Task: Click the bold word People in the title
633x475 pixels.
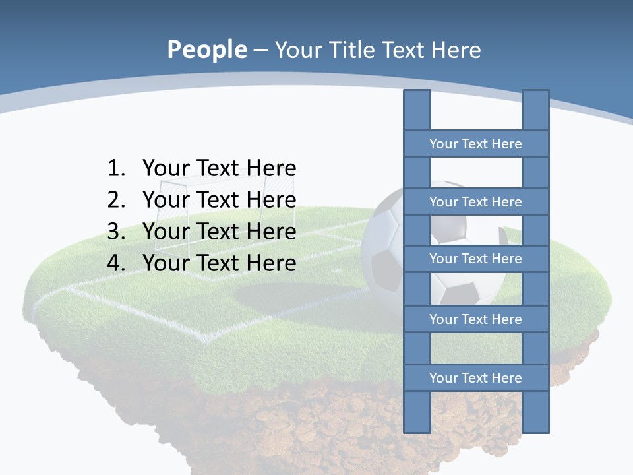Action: (x=206, y=49)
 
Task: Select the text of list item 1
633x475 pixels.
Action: (x=219, y=168)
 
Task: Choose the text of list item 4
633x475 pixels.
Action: (x=219, y=263)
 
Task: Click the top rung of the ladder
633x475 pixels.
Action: (x=475, y=144)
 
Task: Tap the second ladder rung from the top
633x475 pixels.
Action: (x=475, y=202)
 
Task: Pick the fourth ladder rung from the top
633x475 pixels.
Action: (x=475, y=319)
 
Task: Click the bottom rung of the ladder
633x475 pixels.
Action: (x=475, y=378)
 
